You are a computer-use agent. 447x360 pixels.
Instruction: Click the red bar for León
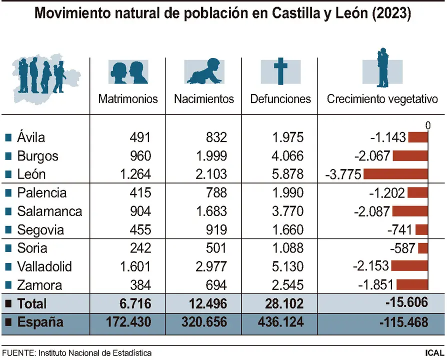tap(396, 174)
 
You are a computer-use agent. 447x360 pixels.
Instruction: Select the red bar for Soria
tap(423, 248)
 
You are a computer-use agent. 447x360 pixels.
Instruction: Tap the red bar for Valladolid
tap(410, 266)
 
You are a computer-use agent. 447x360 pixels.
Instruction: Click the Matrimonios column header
tap(128, 98)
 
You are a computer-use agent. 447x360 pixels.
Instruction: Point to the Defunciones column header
tap(280, 98)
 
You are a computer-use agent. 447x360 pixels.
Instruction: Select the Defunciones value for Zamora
tap(287, 285)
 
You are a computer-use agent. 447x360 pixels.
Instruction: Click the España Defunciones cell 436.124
tap(280, 322)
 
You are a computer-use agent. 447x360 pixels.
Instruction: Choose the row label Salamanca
tap(49, 211)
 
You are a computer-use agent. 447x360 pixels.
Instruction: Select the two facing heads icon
tap(128, 72)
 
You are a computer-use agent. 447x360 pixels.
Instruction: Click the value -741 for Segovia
tap(400, 229)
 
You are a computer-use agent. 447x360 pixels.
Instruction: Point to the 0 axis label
tap(427, 125)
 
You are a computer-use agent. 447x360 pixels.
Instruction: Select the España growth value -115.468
tap(404, 322)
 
